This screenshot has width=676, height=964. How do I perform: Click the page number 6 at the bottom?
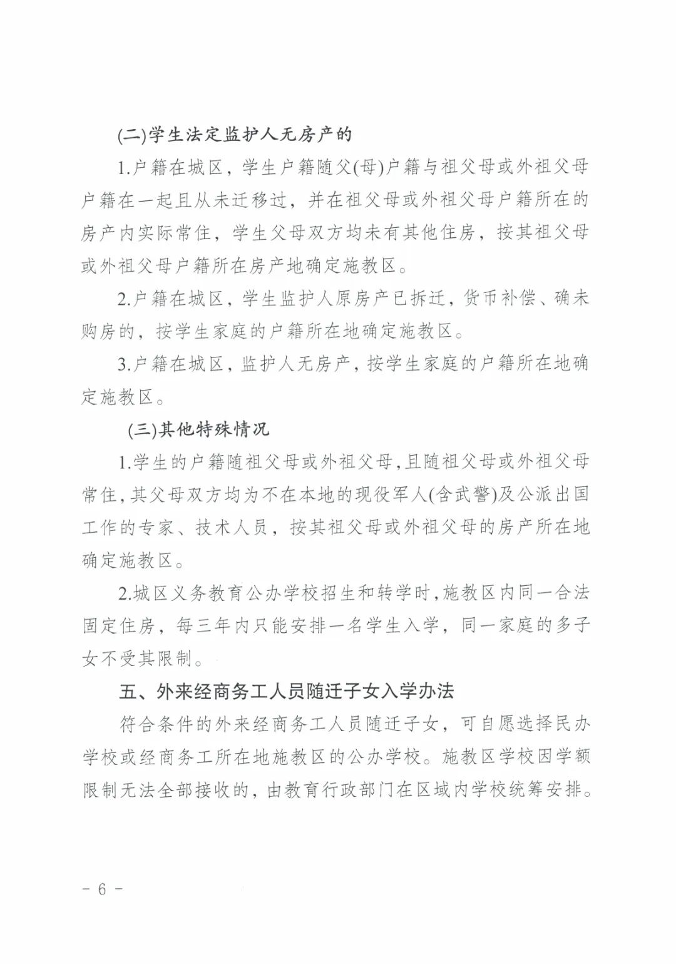(102, 890)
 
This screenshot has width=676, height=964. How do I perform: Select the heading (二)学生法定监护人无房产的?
(235, 135)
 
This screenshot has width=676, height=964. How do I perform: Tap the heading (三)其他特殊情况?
(198, 429)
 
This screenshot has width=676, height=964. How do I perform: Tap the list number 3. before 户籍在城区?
(124, 364)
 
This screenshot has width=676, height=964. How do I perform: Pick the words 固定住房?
(118, 625)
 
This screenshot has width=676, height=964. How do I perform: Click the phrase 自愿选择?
(497, 725)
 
